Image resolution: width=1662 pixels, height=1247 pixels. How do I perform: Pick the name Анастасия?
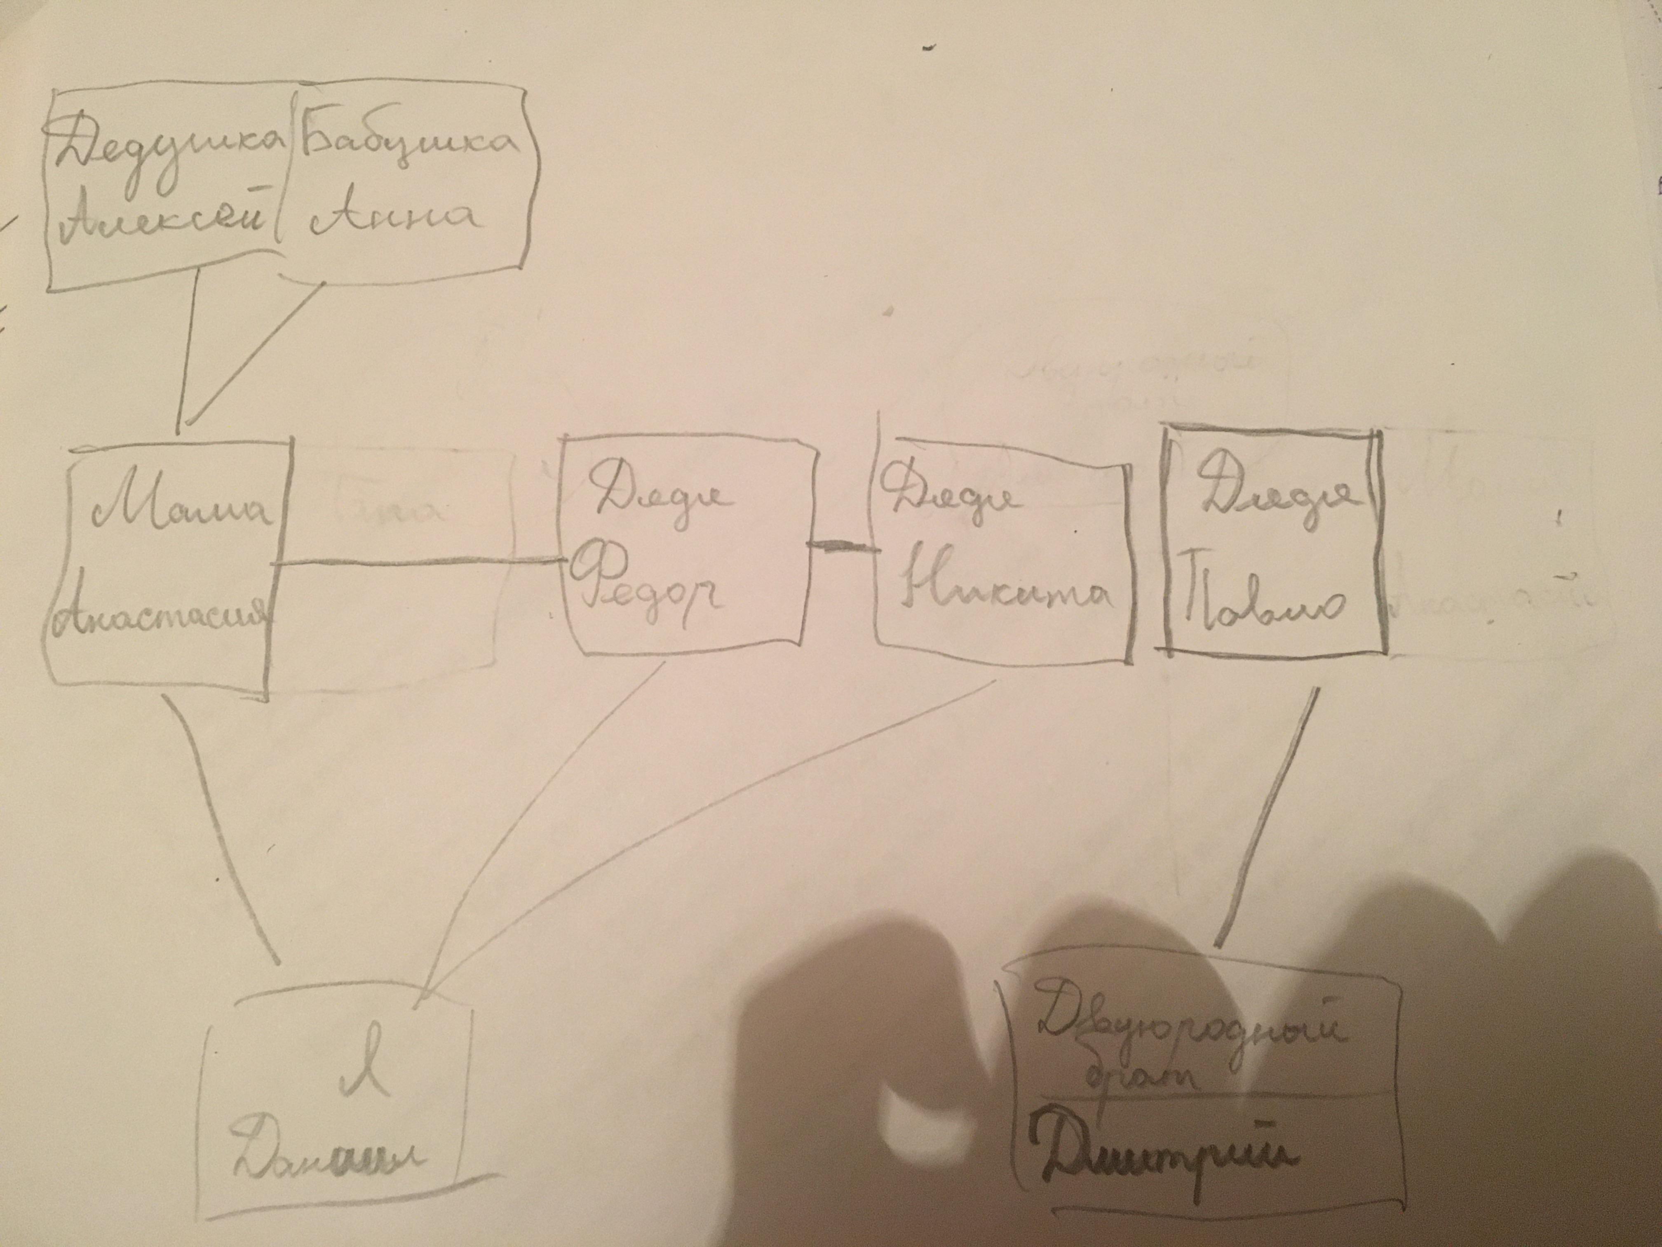tap(162, 613)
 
